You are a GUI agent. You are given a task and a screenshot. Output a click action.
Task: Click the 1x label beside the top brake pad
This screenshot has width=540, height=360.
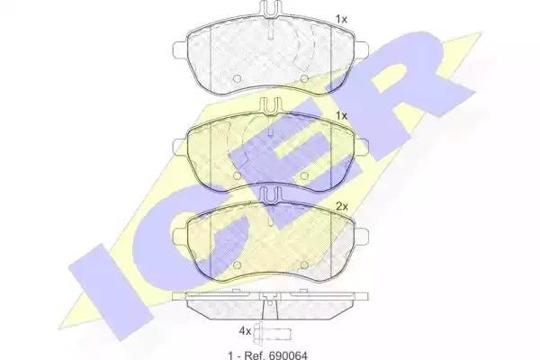click(x=341, y=19)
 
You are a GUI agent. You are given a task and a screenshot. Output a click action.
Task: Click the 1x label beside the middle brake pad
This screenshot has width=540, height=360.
click(x=341, y=116)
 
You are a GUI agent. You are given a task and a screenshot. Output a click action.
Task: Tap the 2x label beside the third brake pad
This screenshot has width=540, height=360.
click(x=342, y=207)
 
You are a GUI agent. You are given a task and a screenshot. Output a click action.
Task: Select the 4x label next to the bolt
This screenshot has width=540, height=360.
click(x=245, y=331)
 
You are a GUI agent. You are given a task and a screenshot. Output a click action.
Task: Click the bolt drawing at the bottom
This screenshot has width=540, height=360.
click(x=273, y=333)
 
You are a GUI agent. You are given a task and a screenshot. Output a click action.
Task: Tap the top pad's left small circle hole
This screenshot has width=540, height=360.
click(x=237, y=79)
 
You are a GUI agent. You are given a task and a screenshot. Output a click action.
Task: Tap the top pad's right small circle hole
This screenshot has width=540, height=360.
click(x=304, y=79)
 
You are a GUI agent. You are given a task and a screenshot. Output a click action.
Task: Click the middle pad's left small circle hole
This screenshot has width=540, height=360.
click(x=237, y=176)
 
